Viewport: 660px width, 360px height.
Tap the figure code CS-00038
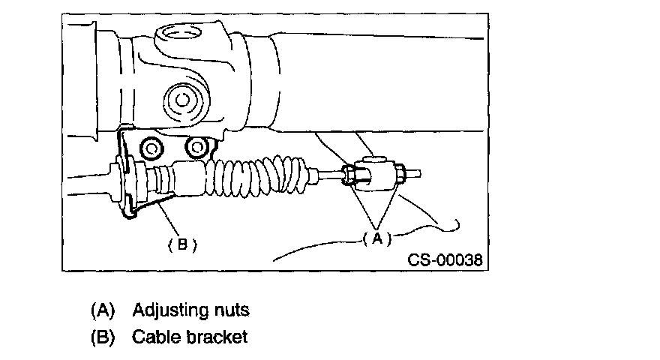pyautogui.click(x=445, y=260)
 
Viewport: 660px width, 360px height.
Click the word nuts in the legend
pyautogui.click(x=229, y=309)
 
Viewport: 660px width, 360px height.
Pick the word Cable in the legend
pyautogui.click(x=154, y=337)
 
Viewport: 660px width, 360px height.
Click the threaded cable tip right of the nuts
pyautogui.click(x=415, y=174)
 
